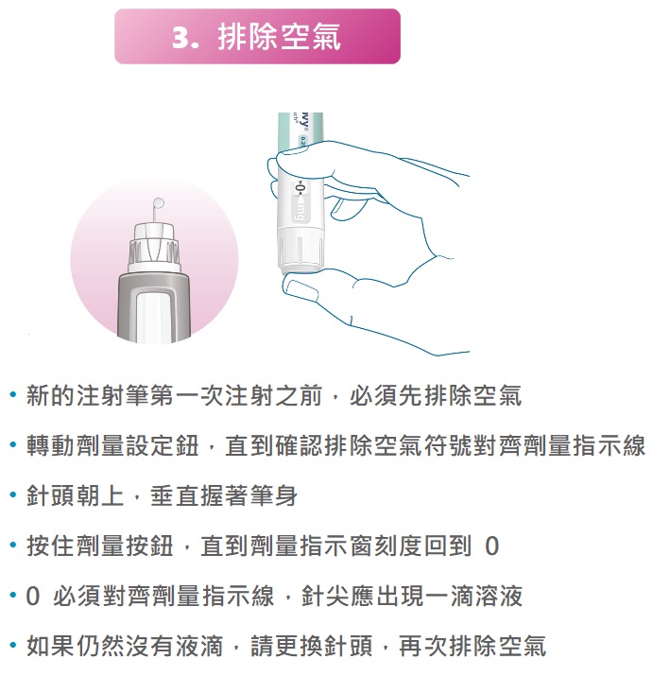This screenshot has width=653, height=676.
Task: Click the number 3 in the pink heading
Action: pos(180,38)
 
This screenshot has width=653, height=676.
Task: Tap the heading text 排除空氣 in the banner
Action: pos(280,37)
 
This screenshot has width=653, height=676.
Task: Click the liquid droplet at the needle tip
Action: pos(159,202)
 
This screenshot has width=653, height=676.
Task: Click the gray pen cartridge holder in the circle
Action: pos(154,307)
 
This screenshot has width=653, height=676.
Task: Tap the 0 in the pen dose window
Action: pos(301,188)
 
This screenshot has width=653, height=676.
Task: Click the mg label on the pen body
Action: pos(300,211)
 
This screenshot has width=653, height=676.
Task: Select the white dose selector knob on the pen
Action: pos(301,250)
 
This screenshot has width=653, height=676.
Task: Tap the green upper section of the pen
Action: pos(301,129)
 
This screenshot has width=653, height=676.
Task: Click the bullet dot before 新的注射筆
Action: pos(13,394)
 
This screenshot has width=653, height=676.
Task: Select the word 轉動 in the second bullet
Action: pos(51,445)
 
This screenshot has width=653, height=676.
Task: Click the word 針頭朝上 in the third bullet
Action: pos(76,495)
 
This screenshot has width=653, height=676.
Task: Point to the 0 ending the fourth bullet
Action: pos(491,546)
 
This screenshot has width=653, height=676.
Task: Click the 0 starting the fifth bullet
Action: pos(33,597)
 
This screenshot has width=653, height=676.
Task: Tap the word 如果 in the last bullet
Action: pos(51,646)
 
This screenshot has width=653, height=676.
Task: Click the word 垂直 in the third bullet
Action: pos(175,495)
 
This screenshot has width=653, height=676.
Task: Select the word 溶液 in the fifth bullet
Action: pos(499,596)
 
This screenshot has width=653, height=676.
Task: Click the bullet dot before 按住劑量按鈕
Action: pos(13,546)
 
